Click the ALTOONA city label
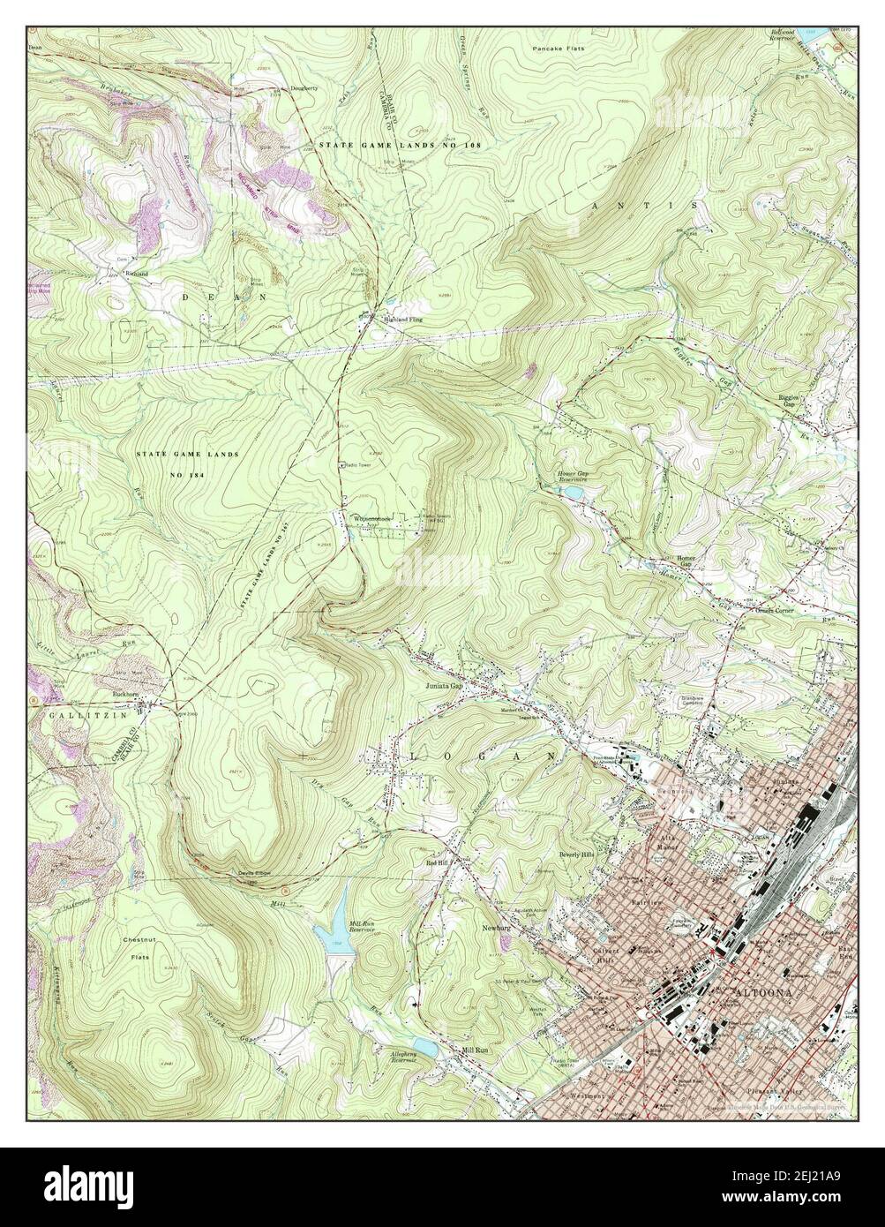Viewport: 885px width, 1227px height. point(764,995)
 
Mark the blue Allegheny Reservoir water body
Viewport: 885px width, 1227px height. point(424,1047)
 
